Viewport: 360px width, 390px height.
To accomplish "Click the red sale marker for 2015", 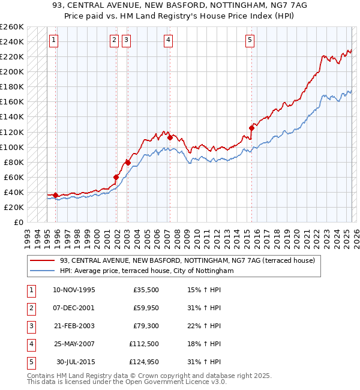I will [x=251, y=128].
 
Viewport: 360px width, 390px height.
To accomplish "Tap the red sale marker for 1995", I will [x=55, y=195].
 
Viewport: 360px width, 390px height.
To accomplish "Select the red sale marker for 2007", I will [x=170, y=137].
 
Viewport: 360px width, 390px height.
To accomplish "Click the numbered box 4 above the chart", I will [x=168, y=40].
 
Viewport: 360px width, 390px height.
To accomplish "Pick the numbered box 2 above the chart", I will [x=114, y=40].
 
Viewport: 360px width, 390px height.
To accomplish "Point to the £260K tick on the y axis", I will [x=11, y=27].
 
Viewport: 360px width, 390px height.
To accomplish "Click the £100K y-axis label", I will [x=11, y=147].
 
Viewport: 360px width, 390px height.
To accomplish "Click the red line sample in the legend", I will [x=42, y=260].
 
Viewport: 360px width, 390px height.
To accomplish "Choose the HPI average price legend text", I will [x=146, y=271].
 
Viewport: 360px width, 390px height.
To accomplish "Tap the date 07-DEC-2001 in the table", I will [x=74, y=308].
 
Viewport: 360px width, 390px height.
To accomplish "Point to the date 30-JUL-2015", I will [x=75, y=362].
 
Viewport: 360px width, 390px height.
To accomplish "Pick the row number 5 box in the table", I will [x=31, y=362].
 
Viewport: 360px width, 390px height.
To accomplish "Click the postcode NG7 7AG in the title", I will [x=280, y=7].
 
